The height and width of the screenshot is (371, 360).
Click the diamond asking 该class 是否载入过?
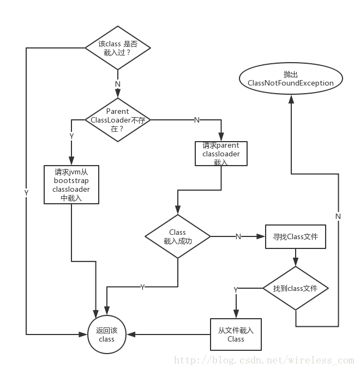[x=117, y=47]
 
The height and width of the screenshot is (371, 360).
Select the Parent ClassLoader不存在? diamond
[x=117, y=119]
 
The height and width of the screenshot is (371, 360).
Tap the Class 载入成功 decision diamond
[x=178, y=236]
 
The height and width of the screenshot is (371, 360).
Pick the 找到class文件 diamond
[x=295, y=288]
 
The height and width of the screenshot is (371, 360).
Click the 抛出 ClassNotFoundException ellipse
[x=290, y=78]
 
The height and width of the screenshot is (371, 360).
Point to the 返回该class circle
[x=106, y=334]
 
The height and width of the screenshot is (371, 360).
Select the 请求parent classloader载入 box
[x=221, y=154]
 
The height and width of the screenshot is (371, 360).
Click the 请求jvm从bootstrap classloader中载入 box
[x=71, y=185]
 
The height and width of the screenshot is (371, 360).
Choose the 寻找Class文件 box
[x=295, y=237]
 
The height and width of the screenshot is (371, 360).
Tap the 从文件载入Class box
[x=236, y=334]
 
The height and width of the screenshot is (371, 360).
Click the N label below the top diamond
[x=117, y=84]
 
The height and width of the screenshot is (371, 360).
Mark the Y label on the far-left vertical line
[x=26, y=193]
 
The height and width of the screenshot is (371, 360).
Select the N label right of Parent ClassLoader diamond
[x=197, y=119]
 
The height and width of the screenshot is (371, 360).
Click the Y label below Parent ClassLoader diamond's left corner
[x=71, y=136]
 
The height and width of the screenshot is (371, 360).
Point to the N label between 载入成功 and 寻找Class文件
[x=238, y=236]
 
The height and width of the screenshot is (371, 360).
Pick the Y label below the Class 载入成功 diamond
[x=142, y=287]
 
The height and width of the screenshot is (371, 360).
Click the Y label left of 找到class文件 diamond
[x=236, y=290]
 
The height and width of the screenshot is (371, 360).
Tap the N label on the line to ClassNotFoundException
[x=338, y=216]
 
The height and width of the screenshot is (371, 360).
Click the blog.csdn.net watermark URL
[x=263, y=360]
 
